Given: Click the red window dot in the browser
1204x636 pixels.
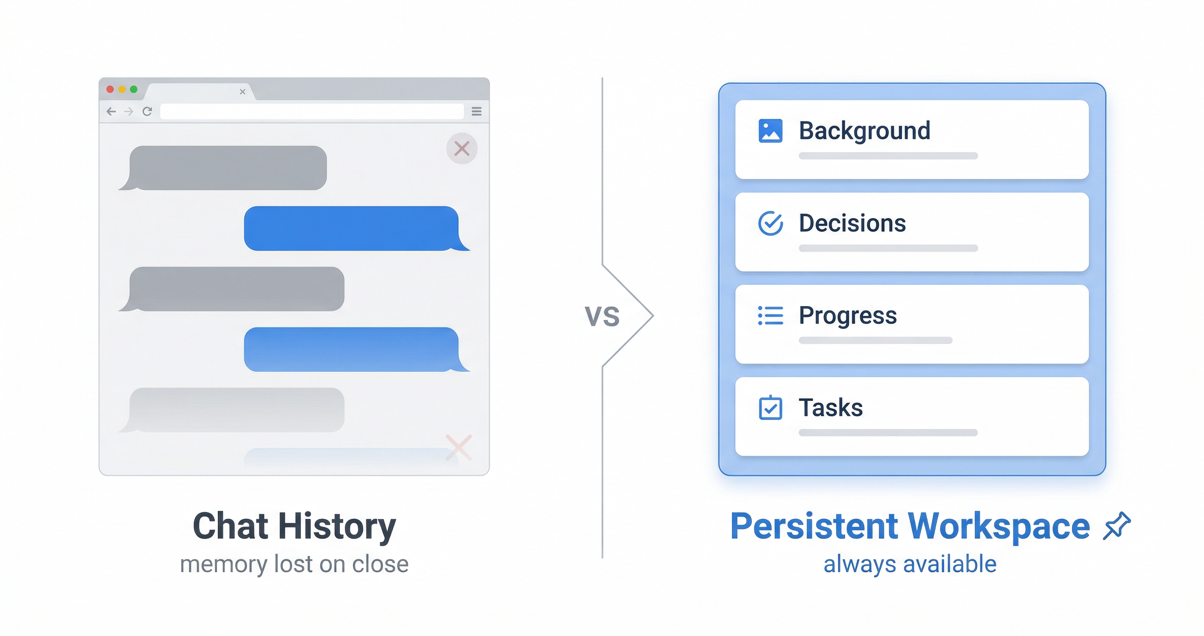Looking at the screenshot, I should click(x=110, y=89).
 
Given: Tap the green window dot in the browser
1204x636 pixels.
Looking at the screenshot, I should click(x=134, y=89).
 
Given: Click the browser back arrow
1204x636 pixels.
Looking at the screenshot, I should click(x=111, y=111).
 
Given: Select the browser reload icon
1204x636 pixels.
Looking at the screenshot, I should click(x=147, y=111).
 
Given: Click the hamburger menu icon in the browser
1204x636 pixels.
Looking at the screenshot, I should click(x=477, y=111).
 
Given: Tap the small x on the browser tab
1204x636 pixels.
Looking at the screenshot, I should click(x=243, y=92).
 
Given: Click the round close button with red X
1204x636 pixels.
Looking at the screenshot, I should click(x=462, y=149).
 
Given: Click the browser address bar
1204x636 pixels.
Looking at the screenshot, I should click(x=312, y=111).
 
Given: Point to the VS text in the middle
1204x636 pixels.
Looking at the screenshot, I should click(x=602, y=317).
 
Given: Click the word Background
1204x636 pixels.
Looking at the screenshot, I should click(x=865, y=131).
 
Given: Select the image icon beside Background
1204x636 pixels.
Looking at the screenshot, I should click(x=770, y=131).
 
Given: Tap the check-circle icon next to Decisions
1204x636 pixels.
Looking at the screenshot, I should click(x=770, y=223).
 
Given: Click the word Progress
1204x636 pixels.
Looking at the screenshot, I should click(x=848, y=315).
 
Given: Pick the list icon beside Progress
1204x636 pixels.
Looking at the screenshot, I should click(x=770, y=315).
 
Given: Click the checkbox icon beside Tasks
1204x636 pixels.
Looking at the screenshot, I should click(x=770, y=408).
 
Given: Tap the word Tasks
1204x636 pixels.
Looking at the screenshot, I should click(x=831, y=407).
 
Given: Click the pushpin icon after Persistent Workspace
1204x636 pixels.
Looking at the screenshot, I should click(x=1116, y=526).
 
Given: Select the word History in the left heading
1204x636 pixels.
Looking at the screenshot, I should click(x=337, y=526).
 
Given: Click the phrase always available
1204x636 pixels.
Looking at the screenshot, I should click(x=910, y=564).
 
